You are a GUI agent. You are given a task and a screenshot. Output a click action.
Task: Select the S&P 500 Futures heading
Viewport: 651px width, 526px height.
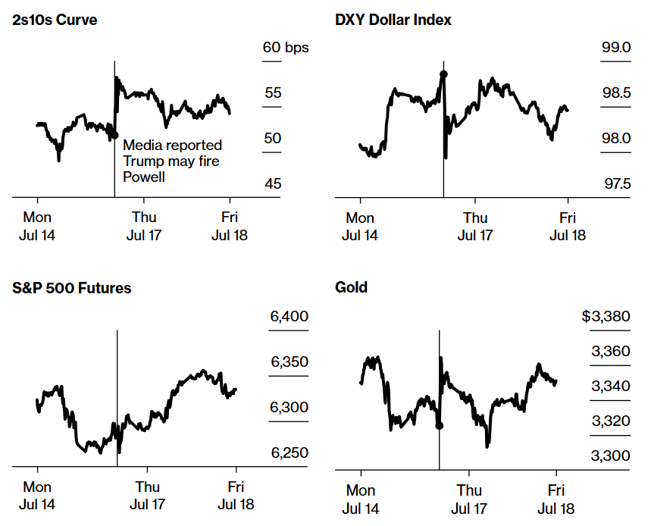tap(72, 288)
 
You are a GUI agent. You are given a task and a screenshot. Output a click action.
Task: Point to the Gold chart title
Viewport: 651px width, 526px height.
tap(351, 288)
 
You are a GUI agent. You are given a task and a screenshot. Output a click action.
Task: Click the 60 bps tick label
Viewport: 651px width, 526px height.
tap(286, 48)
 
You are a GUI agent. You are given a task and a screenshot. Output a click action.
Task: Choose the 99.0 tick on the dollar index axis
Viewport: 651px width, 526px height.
tap(616, 48)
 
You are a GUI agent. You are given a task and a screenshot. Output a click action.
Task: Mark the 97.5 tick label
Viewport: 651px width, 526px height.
tap(616, 184)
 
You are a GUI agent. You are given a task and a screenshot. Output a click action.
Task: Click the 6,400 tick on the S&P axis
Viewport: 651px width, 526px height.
tap(289, 316)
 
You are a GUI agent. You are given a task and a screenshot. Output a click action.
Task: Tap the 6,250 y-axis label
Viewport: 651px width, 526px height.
tap(289, 452)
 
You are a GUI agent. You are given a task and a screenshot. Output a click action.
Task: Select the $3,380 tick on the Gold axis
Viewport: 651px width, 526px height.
tap(606, 316)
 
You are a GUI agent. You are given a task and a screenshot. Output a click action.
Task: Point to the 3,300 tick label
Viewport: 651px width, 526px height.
tap(610, 456)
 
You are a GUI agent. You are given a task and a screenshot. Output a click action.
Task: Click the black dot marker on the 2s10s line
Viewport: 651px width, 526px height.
tap(114, 135)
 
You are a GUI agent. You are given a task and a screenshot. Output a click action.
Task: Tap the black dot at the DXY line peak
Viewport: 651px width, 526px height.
tap(443, 74)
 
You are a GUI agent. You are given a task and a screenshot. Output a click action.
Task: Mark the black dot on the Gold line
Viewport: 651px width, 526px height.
tap(440, 425)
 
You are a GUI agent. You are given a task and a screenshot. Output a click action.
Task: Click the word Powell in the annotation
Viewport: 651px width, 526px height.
tap(144, 177)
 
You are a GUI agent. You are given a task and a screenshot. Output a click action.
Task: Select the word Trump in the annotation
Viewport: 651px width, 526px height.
tap(145, 161)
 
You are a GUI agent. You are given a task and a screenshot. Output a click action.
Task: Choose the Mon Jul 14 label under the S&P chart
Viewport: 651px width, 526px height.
tap(37, 496)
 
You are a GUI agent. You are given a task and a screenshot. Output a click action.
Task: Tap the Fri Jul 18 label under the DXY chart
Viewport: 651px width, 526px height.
tap(568, 226)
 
